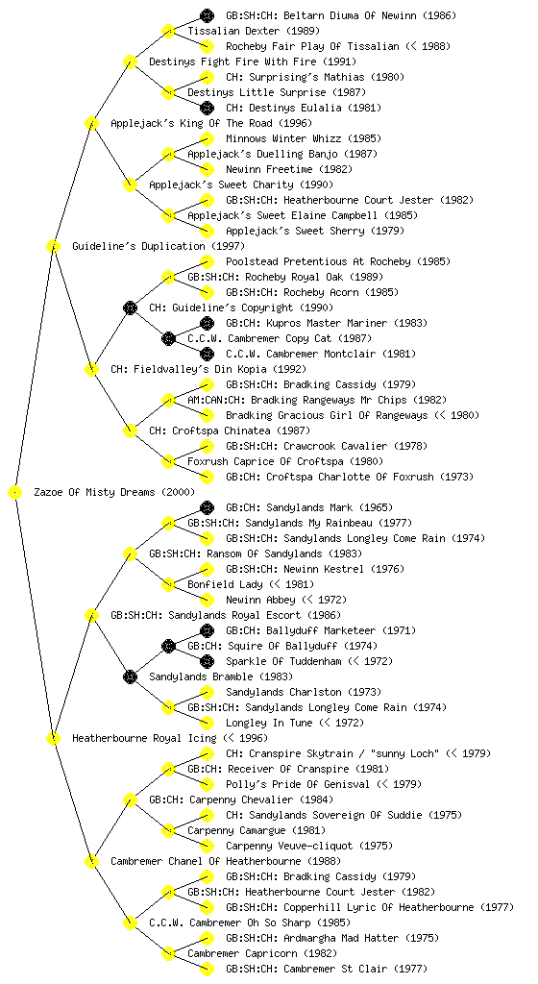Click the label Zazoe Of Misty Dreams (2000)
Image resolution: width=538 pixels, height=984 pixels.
114,492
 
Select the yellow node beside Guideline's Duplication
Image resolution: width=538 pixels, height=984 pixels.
53,246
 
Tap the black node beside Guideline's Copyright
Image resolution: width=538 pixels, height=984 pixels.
130,307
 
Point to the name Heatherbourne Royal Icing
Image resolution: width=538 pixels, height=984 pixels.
143,738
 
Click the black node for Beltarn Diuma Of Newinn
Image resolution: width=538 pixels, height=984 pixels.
207,15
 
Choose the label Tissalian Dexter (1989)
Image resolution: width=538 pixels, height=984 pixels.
254,31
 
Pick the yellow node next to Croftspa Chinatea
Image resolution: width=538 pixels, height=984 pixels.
130,430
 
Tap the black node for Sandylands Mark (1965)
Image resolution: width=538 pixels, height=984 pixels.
207,507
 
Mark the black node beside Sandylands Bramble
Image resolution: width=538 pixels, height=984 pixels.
130,676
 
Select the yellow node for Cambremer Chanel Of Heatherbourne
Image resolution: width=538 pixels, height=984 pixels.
91,861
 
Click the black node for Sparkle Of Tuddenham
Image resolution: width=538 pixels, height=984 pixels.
207,661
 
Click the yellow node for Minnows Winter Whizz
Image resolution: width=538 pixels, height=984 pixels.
207,138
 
